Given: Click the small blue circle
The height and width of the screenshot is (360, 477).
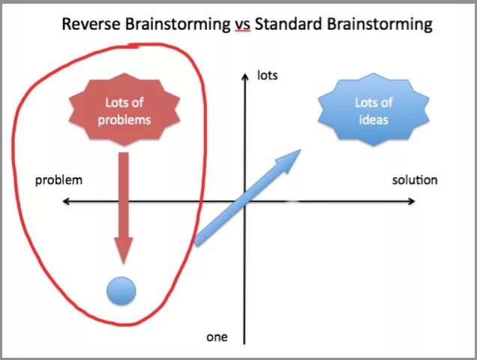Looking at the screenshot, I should coord(121,291).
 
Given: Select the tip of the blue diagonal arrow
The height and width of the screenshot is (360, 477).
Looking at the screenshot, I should coord(298,151).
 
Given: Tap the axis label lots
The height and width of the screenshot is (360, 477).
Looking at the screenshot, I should coord(268,75).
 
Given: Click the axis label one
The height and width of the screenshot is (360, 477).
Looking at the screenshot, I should coord(217,337).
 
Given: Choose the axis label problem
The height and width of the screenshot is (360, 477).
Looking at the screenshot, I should coord(58,180).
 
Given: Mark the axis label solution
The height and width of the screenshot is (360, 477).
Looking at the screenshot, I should coord(415,180).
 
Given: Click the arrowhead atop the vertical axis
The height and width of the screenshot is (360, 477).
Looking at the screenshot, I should coord(245,74).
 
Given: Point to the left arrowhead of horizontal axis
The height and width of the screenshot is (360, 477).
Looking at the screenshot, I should coord(66,201).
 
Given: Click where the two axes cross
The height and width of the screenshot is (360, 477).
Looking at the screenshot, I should coord(245,201).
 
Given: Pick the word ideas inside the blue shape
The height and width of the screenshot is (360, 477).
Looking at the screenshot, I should coord(373,118).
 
